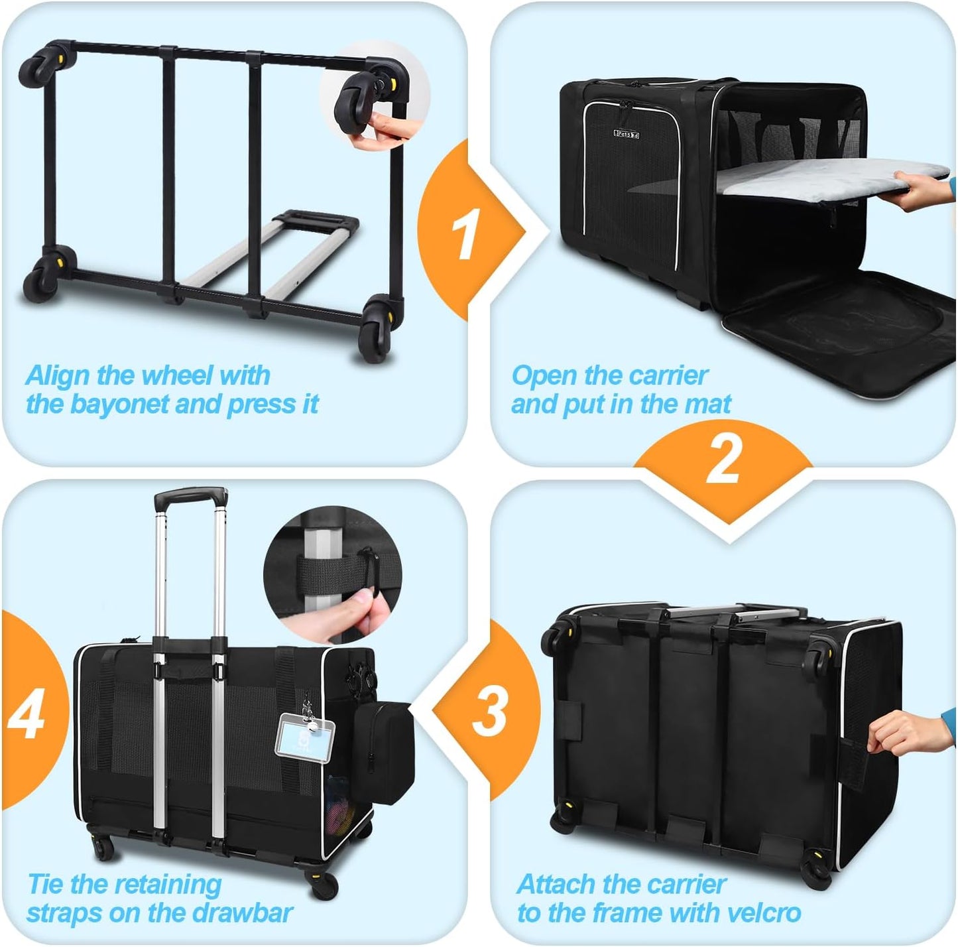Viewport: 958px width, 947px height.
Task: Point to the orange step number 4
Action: click(x=27, y=714)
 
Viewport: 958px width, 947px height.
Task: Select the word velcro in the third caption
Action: click(x=763, y=913)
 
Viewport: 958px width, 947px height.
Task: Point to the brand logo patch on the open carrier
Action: click(x=626, y=134)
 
